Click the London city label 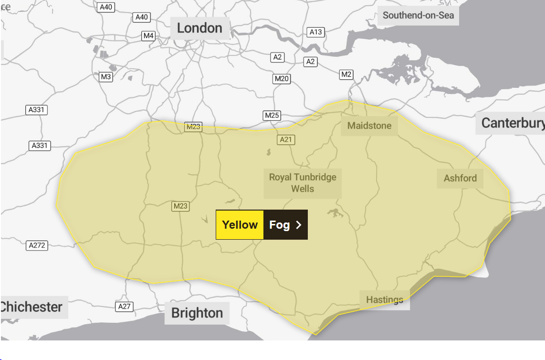click(x=199, y=28)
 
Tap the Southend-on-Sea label click(x=418, y=15)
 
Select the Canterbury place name click(x=512, y=123)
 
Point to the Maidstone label click(x=369, y=126)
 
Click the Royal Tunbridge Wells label click(x=303, y=183)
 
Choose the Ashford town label click(x=460, y=178)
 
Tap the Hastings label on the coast click(x=385, y=300)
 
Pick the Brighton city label click(x=197, y=313)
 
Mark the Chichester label click(x=32, y=307)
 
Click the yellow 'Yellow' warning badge click(x=240, y=224)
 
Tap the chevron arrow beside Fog click(x=299, y=225)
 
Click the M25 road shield click(x=272, y=116)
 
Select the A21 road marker click(x=286, y=139)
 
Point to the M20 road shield click(x=282, y=79)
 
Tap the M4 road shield click(x=148, y=36)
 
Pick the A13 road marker click(x=315, y=32)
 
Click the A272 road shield click(x=37, y=245)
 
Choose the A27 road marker click(x=124, y=306)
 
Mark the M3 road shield click(x=105, y=76)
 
